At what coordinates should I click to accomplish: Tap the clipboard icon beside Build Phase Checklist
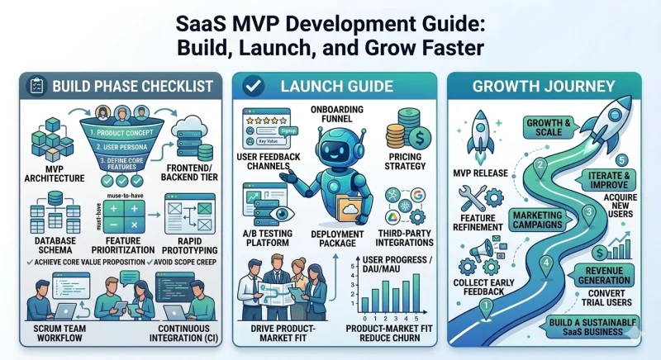36,86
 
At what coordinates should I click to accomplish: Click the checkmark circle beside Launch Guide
253,86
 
